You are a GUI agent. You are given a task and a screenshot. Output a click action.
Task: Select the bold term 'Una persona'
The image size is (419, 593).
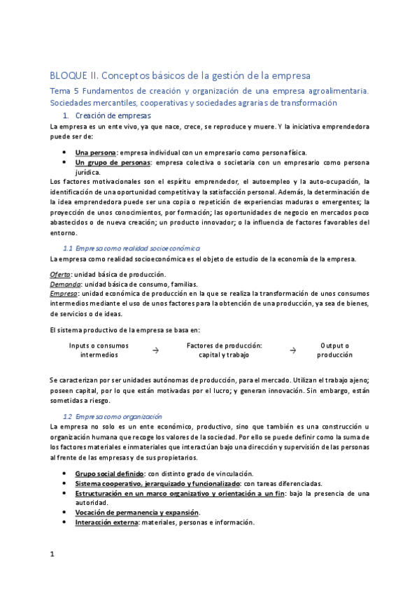tap(96, 152)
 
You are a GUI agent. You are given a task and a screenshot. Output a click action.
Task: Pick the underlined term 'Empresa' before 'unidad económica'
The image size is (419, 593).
tap(64, 294)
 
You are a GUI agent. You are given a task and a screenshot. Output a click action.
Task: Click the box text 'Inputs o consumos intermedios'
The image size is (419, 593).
tap(99, 350)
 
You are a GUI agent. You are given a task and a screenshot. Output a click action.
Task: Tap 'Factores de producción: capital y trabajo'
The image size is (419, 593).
tap(224, 350)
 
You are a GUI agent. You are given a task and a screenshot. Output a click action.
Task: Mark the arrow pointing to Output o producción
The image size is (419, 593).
tap(293, 350)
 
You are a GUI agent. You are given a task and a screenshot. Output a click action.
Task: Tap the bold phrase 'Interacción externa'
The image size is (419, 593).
tap(106, 522)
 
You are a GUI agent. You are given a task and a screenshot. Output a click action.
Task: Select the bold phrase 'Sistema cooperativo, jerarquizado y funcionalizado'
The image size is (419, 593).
tap(157, 483)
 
